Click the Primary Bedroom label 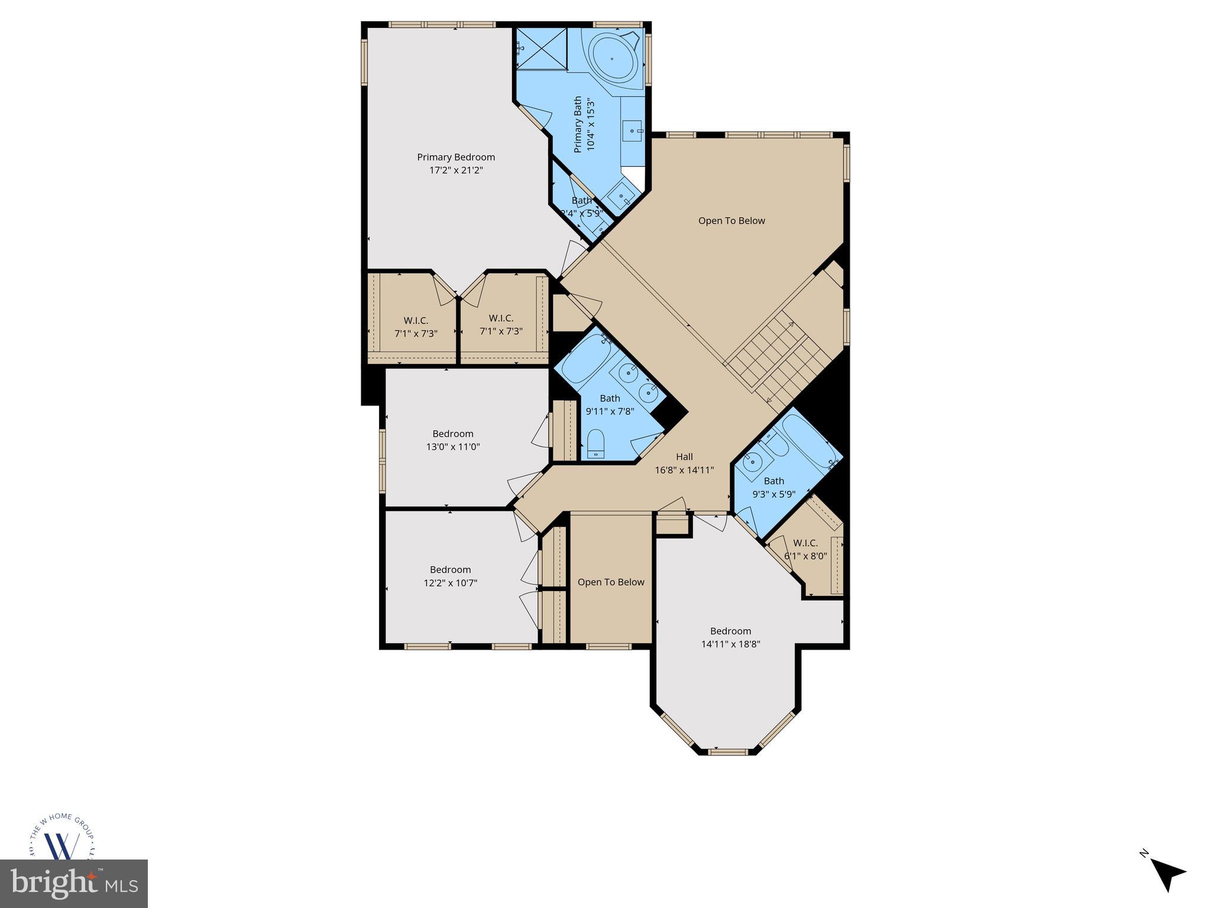pyautogui.click(x=456, y=157)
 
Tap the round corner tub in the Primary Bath pyautogui.click(x=612, y=59)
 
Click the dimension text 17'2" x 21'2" pyautogui.click(x=456, y=170)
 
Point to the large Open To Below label pyautogui.click(x=731, y=220)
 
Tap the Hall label pyautogui.click(x=684, y=456)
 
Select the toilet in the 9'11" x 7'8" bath pyautogui.click(x=595, y=443)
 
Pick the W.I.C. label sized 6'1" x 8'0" pyautogui.click(x=805, y=543)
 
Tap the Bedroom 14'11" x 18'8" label pyautogui.click(x=731, y=631)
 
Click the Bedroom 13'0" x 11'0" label pyautogui.click(x=453, y=434)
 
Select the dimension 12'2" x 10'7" pyautogui.click(x=451, y=583)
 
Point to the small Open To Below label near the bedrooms pyautogui.click(x=611, y=582)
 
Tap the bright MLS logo pyautogui.click(x=74, y=884)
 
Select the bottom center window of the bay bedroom pyautogui.click(x=728, y=752)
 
